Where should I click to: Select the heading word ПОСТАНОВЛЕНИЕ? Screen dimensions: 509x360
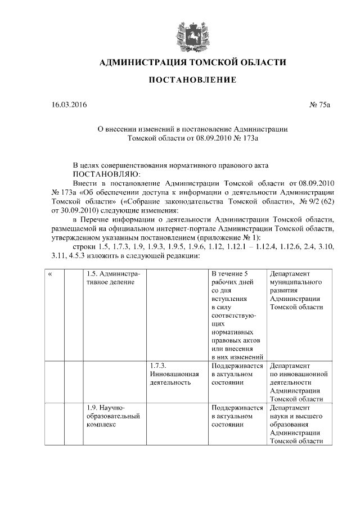pos(192,80)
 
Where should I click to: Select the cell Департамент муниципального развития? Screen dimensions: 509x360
pos(298,290)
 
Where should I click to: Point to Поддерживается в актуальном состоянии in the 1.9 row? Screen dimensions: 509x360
pos(236,416)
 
